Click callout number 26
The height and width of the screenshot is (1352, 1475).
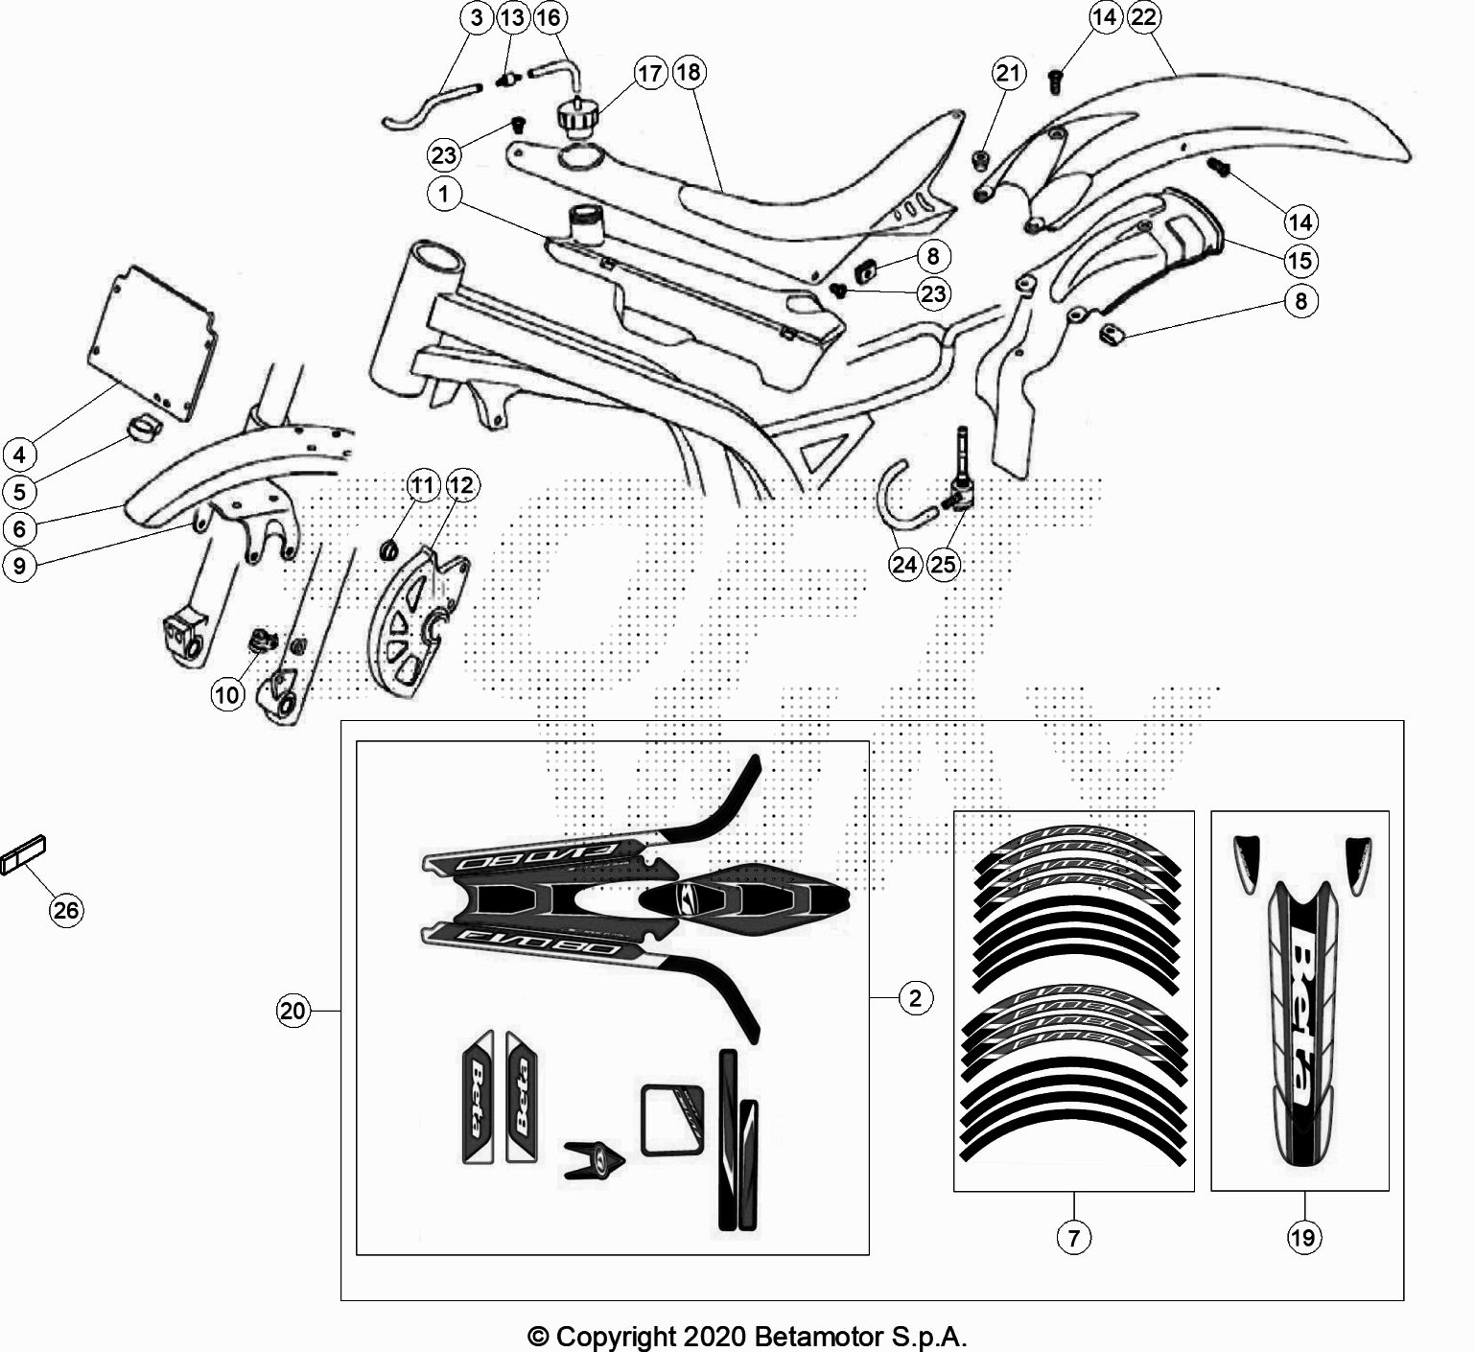click(x=66, y=909)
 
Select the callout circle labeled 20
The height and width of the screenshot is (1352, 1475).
click(x=293, y=1011)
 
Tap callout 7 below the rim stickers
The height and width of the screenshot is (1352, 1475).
click(x=1073, y=1238)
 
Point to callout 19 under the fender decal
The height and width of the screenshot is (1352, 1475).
click(x=1302, y=1238)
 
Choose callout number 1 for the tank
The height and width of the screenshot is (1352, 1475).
click(x=444, y=195)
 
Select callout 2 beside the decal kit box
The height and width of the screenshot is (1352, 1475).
click(x=916, y=998)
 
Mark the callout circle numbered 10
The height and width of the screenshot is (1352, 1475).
click(x=228, y=694)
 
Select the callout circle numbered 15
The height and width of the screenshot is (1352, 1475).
click(x=1300, y=261)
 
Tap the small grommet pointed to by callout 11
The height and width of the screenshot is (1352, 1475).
click(x=389, y=550)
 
